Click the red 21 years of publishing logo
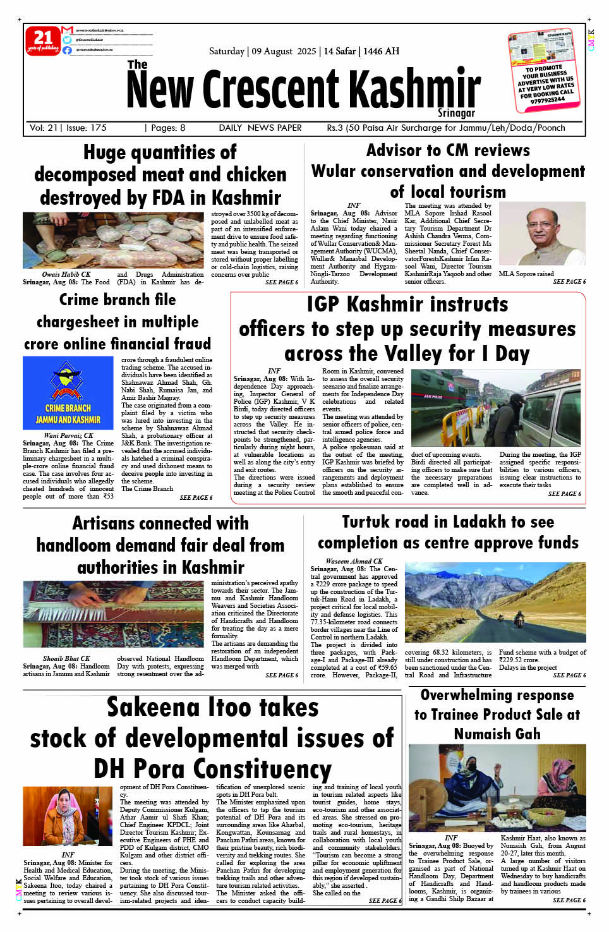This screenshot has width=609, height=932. [x=43, y=41]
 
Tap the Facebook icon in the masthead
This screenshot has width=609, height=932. [x=67, y=50]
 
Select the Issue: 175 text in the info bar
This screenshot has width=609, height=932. [x=87, y=128]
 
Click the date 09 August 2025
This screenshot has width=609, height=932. [x=284, y=51]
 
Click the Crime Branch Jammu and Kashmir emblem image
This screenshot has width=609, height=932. [x=68, y=392]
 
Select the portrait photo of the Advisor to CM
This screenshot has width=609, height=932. [x=542, y=234]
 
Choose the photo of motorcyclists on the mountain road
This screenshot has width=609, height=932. [x=495, y=602]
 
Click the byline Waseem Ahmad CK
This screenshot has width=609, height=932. [x=354, y=561]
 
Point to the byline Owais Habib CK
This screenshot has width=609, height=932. [x=66, y=274]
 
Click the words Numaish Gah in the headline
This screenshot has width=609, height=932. [x=497, y=734]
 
